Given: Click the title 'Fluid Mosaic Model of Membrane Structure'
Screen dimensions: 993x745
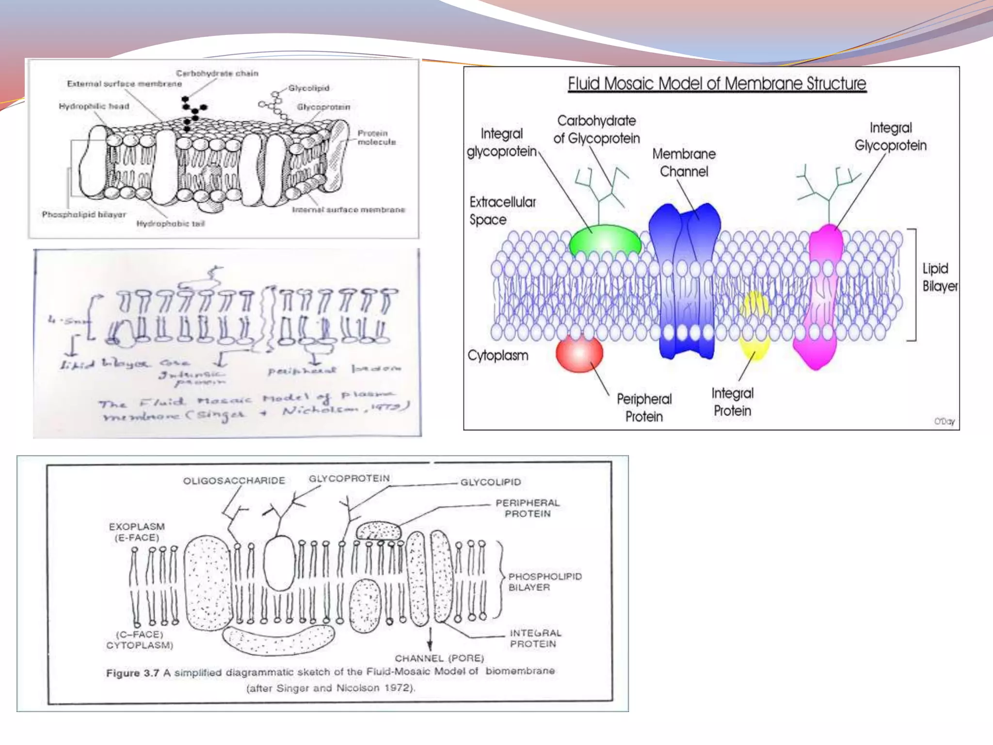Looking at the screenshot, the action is [x=717, y=84].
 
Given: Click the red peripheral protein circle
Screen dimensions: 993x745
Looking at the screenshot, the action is [x=579, y=354].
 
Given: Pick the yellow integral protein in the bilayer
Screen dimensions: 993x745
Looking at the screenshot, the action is [x=754, y=325].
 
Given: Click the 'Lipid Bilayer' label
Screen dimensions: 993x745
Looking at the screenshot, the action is [x=939, y=277].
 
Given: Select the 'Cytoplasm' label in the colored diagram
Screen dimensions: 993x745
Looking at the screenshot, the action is [x=497, y=356].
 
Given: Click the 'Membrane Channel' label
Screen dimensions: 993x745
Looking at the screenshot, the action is [x=684, y=162].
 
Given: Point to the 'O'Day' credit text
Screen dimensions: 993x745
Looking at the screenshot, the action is [x=944, y=421].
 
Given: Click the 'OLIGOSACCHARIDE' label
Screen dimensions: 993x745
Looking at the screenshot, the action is [x=234, y=481].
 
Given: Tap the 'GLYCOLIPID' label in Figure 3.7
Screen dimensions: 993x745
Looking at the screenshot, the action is [x=491, y=482].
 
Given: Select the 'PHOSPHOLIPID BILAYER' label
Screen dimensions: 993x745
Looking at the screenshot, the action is [x=545, y=582].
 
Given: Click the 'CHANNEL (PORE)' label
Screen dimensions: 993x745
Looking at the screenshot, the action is [x=439, y=658].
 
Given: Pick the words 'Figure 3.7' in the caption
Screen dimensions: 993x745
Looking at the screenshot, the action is [x=132, y=673].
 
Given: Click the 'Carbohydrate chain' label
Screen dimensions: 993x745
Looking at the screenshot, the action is [x=217, y=74].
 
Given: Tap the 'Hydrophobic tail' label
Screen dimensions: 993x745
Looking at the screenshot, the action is [x=171, y=224].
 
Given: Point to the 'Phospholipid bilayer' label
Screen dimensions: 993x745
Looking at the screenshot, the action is [x=84, y=214].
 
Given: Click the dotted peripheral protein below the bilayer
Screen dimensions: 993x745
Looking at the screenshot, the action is [x=278, y=639].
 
